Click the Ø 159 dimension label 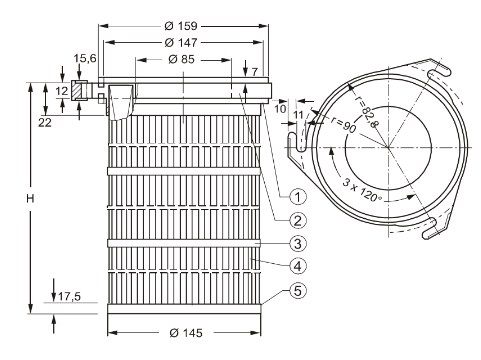click(x=181, y=26)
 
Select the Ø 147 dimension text click(x=181, y=43)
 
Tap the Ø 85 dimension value click(x=181, y=59)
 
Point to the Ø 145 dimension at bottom click(x=186, y=333)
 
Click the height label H click(x=30, y=199)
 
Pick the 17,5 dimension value click(x=70, y=296)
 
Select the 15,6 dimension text click(x=85, y=58)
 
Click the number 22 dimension click(x=45, y=123)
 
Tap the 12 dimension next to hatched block click(x=62, y=91)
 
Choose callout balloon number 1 click(x=298, y=197)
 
